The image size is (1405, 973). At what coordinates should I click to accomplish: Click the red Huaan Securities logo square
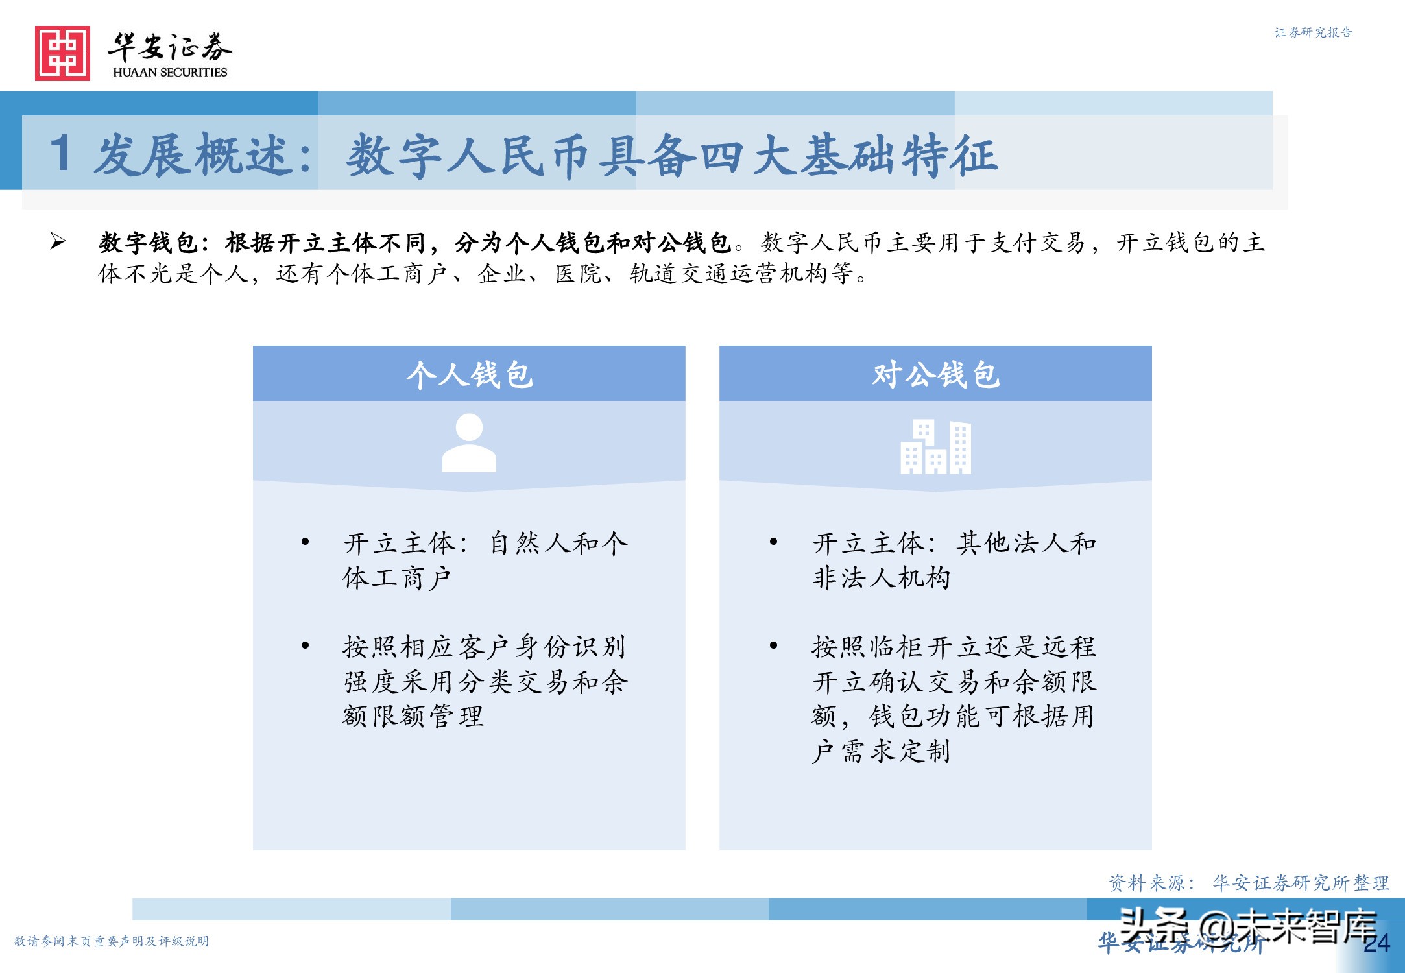pyautogui.click(x=62, y=53)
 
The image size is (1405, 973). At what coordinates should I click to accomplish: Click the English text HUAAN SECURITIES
pyautogui.click(x=170, y=72)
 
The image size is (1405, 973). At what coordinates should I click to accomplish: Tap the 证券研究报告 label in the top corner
pyautogui.click(x=1313, y=32)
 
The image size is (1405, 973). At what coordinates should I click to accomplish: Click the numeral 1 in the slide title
pyautogui.click(x=61, y=154)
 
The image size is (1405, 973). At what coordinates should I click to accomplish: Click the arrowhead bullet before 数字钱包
pyautogui.click(x=58, y=242)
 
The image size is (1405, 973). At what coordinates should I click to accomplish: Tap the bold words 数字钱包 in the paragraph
pyautogui.click(x=148, y=243)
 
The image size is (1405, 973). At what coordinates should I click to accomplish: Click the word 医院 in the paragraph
pyautogui.click(x=579, y=274)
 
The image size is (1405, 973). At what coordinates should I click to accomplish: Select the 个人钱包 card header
pyautogui.click(x=469, y=374)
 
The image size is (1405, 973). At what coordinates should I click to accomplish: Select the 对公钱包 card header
pyautogui.click(x=935, y=374)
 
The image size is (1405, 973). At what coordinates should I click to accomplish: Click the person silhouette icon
pyautogui.click(x=469, y=443)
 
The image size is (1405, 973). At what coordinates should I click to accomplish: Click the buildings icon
pyautogui.click(x=935, y=446)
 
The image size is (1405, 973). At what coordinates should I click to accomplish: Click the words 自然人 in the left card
pyautogui.click(x=531, y=543)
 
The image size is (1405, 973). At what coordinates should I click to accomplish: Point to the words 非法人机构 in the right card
pyautogui.click(x=881, y=577)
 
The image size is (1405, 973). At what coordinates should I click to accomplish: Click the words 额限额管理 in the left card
pyautogui.click(x=413, y=716)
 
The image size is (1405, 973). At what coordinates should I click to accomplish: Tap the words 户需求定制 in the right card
pyautogui.click(x=881, y=751)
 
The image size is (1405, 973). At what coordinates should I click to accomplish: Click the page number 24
pyautogui.click(x=1376, y=943)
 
